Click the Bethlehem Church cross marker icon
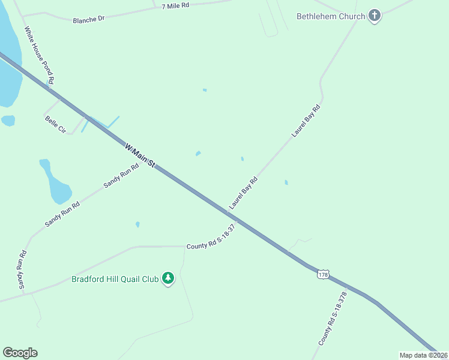375,16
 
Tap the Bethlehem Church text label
331,16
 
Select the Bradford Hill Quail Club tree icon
169,278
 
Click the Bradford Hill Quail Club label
115,279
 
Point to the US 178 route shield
323,274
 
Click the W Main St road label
140,155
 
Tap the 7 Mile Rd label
175,5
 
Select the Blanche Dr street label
88,19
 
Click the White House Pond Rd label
40,55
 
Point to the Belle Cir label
55,125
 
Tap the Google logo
20,353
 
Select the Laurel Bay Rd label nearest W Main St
243,193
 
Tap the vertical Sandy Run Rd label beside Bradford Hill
22,269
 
